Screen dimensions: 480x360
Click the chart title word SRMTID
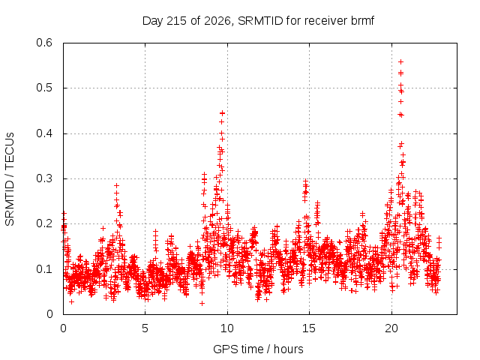coord(260,21)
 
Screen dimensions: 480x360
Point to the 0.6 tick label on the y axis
coord(44,43)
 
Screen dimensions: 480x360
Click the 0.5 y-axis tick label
coord(44,88)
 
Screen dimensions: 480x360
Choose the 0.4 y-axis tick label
coord(44,133)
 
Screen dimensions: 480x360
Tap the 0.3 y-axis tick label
coord(44,178)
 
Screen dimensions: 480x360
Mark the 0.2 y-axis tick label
coord(44,223)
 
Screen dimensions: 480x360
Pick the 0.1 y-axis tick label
coord(44,269)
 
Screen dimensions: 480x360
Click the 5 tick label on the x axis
coord(145,328)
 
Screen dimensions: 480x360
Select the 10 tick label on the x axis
coord(227,328)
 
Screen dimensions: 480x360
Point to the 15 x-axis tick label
coord(309,328)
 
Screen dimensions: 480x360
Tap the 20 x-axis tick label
coord(391,328)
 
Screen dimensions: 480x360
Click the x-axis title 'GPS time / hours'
coord(258,349)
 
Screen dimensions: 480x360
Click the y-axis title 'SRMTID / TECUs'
coord(10,179)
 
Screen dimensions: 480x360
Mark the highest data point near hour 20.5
coord(400,61)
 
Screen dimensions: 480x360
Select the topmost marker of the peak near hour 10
coord(222,113)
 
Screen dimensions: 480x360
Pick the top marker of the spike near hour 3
coord(116,185)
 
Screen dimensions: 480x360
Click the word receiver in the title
coord(326,21)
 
